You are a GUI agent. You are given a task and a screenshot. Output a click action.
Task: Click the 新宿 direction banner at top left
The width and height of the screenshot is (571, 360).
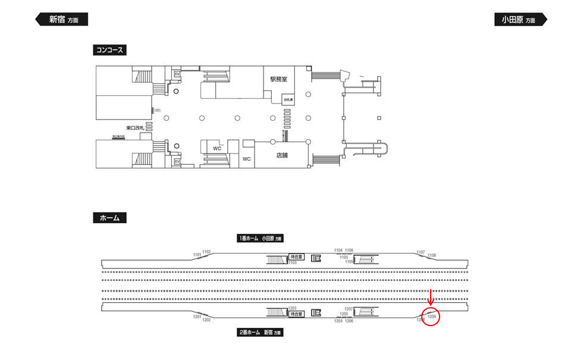62,19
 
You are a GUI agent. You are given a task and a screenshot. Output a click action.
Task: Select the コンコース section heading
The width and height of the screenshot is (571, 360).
110,50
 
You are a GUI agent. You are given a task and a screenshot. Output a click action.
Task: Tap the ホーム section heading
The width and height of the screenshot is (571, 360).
109,218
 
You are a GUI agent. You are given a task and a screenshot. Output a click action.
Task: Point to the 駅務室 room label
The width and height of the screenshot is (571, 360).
278,79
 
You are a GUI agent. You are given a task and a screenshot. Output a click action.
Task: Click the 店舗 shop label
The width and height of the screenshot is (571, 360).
282,155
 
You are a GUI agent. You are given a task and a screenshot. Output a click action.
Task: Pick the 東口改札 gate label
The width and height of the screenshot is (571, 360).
135,128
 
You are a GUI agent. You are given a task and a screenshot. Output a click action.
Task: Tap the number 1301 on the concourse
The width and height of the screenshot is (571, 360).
158,110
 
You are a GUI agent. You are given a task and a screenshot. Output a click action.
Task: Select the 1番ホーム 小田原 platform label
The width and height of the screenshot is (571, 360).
261,238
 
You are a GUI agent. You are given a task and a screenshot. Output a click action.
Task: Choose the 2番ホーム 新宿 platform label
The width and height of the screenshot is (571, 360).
261,333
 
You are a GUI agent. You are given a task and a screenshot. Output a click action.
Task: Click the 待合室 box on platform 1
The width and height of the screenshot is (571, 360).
296,256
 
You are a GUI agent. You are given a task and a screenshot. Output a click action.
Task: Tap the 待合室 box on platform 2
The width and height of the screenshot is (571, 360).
297,314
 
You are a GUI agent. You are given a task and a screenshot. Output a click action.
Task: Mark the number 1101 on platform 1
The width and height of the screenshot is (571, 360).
197,255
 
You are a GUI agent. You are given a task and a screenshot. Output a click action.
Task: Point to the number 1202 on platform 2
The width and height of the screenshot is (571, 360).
206,320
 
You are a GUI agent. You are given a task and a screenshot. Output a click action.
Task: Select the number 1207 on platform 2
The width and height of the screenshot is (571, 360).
349,309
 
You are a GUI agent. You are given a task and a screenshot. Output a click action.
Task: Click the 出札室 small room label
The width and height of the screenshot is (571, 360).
288,100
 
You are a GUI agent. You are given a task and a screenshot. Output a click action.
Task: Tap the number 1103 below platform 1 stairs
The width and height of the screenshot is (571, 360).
292,262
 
